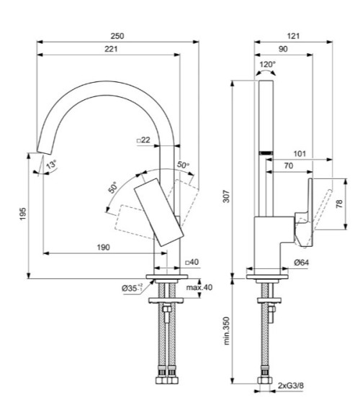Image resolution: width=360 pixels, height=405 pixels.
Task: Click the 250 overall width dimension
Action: (x=118, y=35)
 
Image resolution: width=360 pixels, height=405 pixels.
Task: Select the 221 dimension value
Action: (x=110, y=48)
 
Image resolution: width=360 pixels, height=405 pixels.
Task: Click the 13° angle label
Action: (x=51, y=165)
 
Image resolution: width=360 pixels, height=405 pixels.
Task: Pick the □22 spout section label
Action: (x=143, y=140)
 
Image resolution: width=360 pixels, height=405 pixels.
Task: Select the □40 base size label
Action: (x=191, y=263)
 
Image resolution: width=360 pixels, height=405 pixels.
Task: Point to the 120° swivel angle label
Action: (x=267, y=64)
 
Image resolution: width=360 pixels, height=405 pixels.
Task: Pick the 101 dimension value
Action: (x=300, y=153)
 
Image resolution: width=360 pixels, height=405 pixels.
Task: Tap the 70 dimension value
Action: (x=287, y=165)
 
